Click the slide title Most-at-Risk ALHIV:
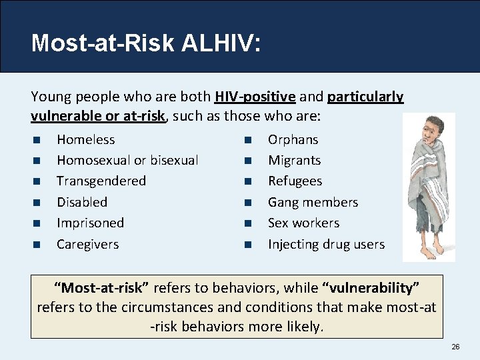pyautogui.click(x=146, y=43)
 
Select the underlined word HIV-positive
pyautogui.click(x=255, y=97)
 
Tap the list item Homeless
pyautogui.click(x=85, y=139)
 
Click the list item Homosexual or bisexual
pyautogui.click(x=127, y=160)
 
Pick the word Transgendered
pyautogui.click(x=101, y=181)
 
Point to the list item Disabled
pyautogui.click(x=82, y=202)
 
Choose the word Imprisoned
pyautogui.click(x=90, y=223)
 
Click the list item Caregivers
pyautogui.click(x=87, y=244)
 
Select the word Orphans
pyautogui.click(x=293, y=139)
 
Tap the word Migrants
pyautogui.click(x=294, y=160)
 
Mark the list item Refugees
pyautogui.click(x=295, y=181)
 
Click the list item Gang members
pyautogui.click(x=313, y=202)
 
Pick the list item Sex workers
pyautogui.click(x=303, y=223)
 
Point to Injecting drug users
pyautogui.click(x=326, y=244)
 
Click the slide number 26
pyautogui.click(x=455, y=347)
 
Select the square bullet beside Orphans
pyautogui.click(x=247, y=140)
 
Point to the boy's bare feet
pyautogui.click(x=431, y=253)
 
